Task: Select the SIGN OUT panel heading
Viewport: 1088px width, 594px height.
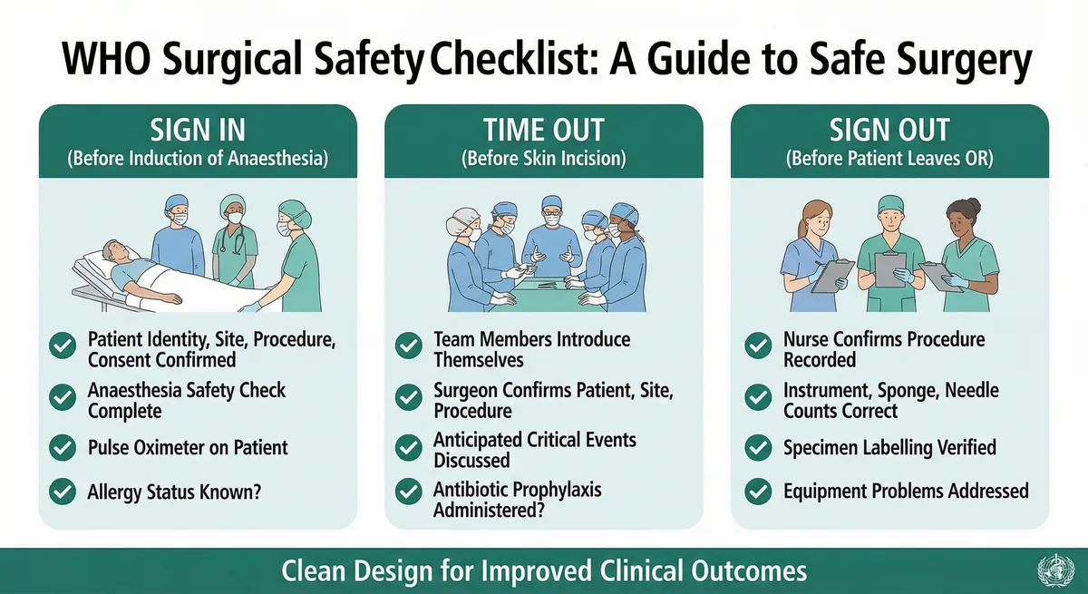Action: point(889,129)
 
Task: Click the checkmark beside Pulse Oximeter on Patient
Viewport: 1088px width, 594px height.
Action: point(63,447)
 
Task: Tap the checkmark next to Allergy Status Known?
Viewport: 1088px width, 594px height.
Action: point(63,492)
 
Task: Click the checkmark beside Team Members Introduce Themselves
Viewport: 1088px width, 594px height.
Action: point(409,346)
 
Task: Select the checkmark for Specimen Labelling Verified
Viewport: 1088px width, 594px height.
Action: point(758,447)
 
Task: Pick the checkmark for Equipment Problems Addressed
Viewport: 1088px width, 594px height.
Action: point(758,492)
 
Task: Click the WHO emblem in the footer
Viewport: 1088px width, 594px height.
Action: point(1055,571)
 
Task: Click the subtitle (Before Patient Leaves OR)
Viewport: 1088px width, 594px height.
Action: point(889,159)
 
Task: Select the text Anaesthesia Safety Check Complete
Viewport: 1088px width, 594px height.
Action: point(187,401)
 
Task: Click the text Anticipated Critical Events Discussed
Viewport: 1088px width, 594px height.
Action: point(535,449)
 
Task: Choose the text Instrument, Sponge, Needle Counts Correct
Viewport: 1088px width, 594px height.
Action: point(891,400)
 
